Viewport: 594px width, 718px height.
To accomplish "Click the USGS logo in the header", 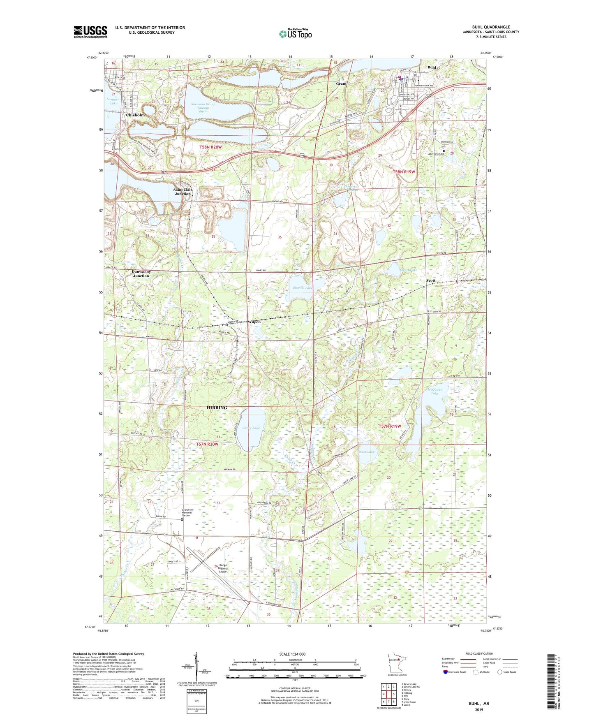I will [90, 32].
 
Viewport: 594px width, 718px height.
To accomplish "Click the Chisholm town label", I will [135, 115].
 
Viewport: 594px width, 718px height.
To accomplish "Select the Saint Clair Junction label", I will [183, 192].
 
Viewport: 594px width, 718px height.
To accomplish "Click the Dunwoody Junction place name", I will [141, 273].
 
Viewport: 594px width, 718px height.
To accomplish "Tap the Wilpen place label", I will [254, 322].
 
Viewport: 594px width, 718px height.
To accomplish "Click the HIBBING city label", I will [216, 408].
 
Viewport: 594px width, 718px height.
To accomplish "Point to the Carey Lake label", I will [251, 428].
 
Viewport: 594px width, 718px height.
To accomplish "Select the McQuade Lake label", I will [435, 391].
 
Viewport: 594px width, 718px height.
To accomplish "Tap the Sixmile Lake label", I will [303, 288].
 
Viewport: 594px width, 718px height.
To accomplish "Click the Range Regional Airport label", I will [223, 568].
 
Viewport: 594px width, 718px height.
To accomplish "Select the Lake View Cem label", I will [435, 154].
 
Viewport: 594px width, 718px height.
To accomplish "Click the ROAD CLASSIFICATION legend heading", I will [479, 653].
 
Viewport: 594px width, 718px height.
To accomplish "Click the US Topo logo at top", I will [295, 33].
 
